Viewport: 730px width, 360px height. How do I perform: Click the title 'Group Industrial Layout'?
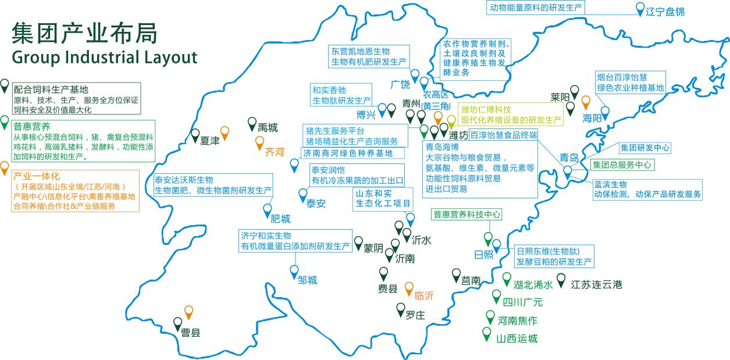(x=104, y=58)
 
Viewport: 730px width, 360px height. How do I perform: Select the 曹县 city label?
(x=191, y=333)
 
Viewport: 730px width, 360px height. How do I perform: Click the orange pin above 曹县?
(x=188, y=312)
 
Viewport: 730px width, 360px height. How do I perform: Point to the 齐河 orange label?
(x=275, y=153)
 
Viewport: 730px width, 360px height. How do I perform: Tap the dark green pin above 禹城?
(x=252, y=123)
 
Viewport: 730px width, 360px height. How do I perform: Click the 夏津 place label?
(x=210, y=141)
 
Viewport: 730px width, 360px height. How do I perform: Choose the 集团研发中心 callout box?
(x=645, y=148)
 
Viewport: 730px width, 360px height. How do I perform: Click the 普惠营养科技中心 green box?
(x=467, y=215)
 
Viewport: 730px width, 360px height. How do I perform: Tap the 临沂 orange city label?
(x=424, y=295)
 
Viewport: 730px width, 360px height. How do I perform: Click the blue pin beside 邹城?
(x=294, y=270)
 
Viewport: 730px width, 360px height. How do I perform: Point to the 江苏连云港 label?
(x=596, y=284)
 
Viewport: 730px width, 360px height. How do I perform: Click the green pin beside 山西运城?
(x=486, y=334)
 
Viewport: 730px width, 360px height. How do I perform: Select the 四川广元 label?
(x=522, y=302)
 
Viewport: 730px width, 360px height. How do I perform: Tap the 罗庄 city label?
(x=415, y=315)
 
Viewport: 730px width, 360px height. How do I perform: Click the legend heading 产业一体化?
(x=37, y=175)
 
